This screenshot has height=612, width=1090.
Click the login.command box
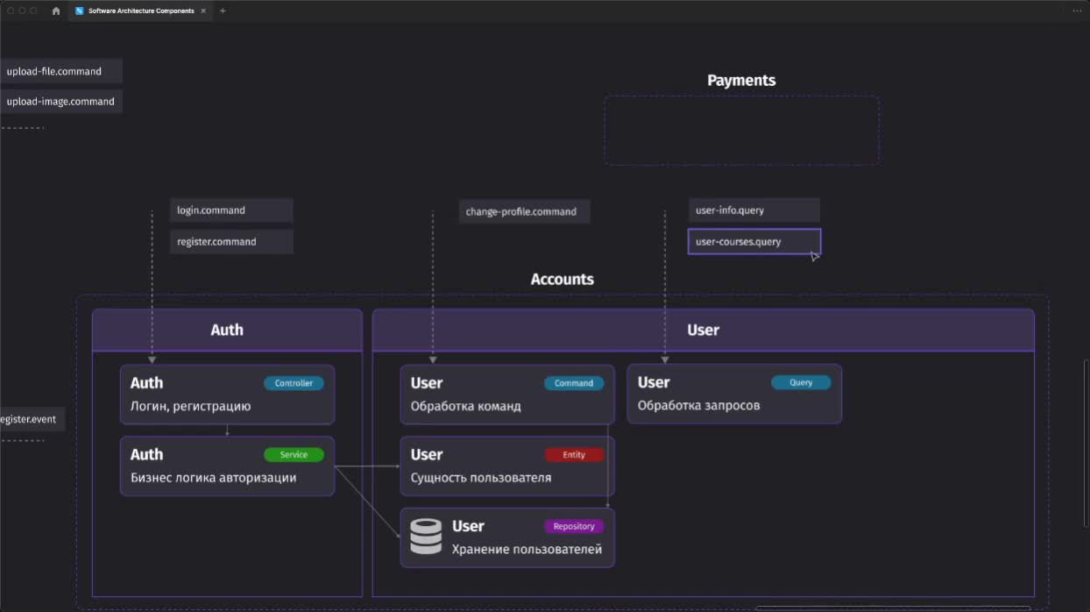click(x=231, y=210)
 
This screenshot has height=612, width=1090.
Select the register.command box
click(x=231, y=241)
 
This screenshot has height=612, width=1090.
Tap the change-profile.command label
click(x=520, y=212)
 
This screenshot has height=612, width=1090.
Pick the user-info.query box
click(x=754, y=210)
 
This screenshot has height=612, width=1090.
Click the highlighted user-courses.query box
click(x=754, y=241)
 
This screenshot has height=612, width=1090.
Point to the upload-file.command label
click(x=54, y=71)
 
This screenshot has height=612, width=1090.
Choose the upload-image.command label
click(x=60, y=102)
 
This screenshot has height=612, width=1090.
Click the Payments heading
click(x=741, y=81)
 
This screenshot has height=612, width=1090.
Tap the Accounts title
click(x=562, y=279)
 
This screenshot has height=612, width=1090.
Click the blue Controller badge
click(x=294, y=383)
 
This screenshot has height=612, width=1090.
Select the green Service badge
click(x=294, y=455)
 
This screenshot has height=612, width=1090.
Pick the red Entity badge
click(x=574, y=455)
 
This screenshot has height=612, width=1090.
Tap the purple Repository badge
click(x=574, y=526)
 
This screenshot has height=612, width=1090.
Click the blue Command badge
click(x=574, y=383)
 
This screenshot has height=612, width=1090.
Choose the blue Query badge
click(x=801, y=382)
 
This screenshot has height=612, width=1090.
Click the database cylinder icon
click(x=426, y=537)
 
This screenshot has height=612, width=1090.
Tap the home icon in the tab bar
click(x=56, y=11)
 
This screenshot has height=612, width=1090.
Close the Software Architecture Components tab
click(x=203, y=11)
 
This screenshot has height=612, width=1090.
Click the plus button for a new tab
click(x=223, y=11)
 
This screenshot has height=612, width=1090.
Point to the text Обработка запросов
click(x=698, y=406)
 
